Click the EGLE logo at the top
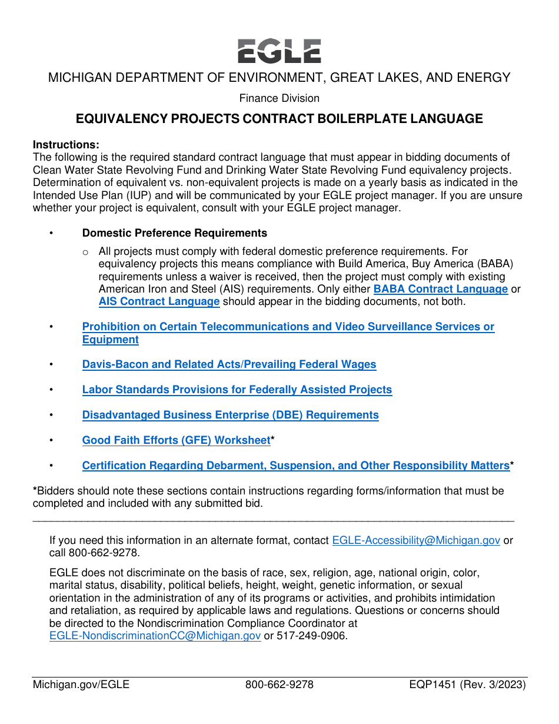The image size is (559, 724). pyautogui.click(x=279, y=51)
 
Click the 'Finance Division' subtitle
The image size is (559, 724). pyautogui.click(x=279, y=98)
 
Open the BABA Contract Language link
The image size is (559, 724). pyautogui.click(x=440, y=289)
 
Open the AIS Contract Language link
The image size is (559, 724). pyautogui.click(x=159, y=301)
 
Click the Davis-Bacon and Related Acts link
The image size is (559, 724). pyautogui.click(x=229, y=364)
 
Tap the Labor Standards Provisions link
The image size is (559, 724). pyautogui.click(x=237, y=390)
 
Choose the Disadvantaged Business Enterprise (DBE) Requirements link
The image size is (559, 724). pyautogui.click(x=230, y=415)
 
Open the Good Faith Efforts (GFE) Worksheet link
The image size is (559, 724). pyautogui.click(x=176, y=440)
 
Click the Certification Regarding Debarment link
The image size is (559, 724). pyautogui.click(x=295, y=466)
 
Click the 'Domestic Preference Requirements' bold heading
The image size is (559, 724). pyautogui.click(x=174, y=233)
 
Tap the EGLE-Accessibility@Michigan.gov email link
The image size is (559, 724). pyautogui.click(x=416, y=540)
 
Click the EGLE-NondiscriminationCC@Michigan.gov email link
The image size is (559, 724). pyautogui.click(x=155, y=636)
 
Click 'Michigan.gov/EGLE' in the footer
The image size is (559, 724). pyautogui.click(x=81, y=685)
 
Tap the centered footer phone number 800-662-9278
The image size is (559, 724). pyautogui.click(x=279, y=685)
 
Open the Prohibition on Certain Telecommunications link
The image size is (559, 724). pyautogui.click(x=288, y=327)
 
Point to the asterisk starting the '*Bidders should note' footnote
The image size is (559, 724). pyautogui.click(x=35, y=490)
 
